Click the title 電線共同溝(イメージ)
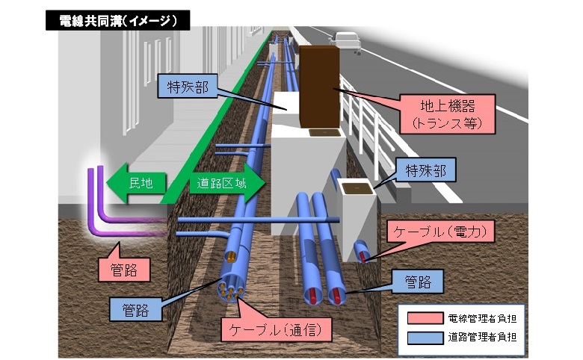point(117,20)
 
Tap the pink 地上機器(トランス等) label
point(447,114)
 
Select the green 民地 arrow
point(136,183)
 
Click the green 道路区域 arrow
point(227,183)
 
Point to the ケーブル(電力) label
point(440,232)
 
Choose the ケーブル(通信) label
point(276,329)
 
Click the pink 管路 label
point(124,270)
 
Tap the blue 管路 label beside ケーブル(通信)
point(136,309)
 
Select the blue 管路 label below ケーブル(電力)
point(418,282)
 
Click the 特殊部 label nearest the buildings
point(188,87)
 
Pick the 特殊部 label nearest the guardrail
point(426,170)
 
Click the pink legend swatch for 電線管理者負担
point(425,318)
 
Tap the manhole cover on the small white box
point(357,188)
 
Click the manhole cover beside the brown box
point(324,132)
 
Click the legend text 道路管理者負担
point(482,338)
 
